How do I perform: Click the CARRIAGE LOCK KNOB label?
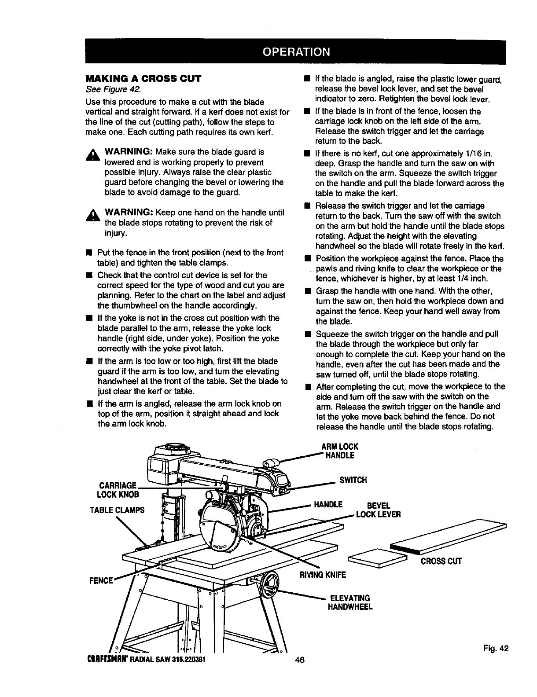click(x=119, y=490)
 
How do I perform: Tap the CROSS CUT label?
click(x=441, y=561)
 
